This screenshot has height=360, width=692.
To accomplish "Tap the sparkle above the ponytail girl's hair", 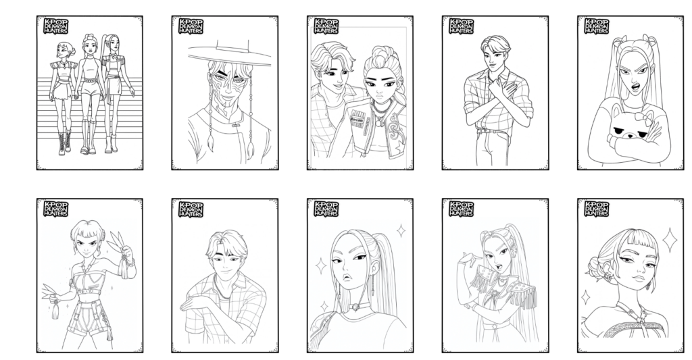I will coord(400,230).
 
